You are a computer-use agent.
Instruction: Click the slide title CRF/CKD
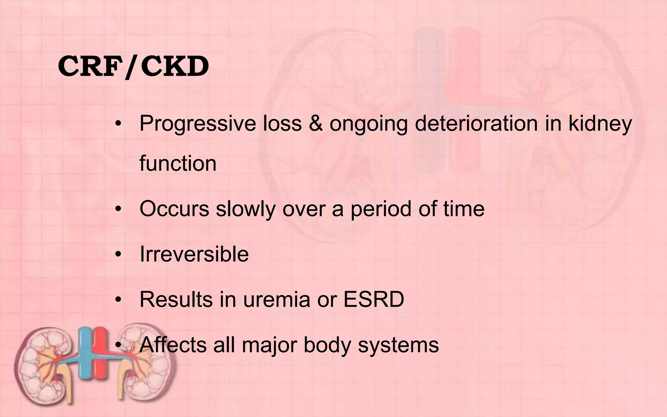[134, 67]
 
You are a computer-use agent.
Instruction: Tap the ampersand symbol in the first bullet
[315, 124]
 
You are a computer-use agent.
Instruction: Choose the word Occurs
[174, 208]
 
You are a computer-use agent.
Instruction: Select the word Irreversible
[194, 254]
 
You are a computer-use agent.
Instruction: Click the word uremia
[277, 299]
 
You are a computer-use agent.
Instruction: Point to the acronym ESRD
[374, 299]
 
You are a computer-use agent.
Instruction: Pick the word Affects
[173, 345]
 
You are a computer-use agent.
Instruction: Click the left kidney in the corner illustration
[46, 362]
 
